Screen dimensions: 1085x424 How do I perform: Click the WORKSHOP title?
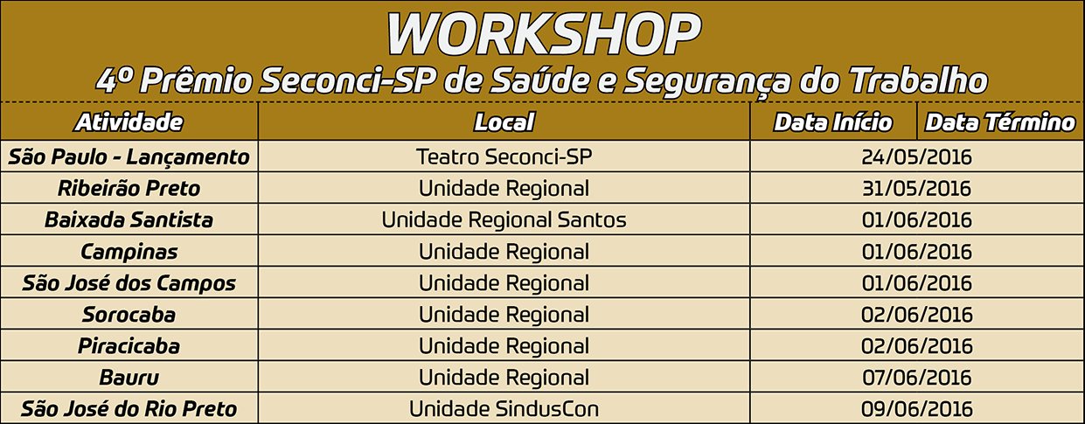pyautogui.click(x=544, y=33)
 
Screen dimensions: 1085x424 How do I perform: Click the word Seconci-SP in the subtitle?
pyautogui.click(x=346, y=80)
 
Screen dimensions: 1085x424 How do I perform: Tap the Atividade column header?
pyautogui.click(x=129, y=122)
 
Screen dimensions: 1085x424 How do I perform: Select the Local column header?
pyautogui.click(x=504, y=122)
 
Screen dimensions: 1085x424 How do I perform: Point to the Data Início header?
pyautogui.click(x=832, y=122)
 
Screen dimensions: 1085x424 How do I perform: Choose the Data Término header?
pyautogui.click(x=999, y=122)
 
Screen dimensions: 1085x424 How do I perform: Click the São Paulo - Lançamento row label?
pyautogui.click(x=129, y=157)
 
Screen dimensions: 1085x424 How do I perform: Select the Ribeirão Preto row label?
pyautogui.click(x=129, y=188)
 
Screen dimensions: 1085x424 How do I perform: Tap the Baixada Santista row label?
pyautogui.click(x=129, y=219)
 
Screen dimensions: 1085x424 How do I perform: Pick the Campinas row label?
pyautogui.click(x=129, y=252)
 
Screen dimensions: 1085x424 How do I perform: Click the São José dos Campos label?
pyautogui.click(x=129, y=283)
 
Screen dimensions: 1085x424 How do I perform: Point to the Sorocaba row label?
pyautogui.click(x=129, y=315)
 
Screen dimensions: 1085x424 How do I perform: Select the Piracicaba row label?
pyautogui.click(x=129, y=346)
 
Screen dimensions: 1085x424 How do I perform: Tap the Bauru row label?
pyautogui.click(x=129, y=378)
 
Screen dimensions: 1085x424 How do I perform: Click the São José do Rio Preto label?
pyautogui.click(x=129, y=409)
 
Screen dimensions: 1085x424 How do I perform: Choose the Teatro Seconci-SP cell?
pyautogui.click(x=504, y=157)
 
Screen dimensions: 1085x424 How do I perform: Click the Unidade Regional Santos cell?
pyautogui.click(x=504, y=219)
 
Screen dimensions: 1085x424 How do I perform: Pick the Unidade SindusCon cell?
pyautogui.click(x=504, y=409)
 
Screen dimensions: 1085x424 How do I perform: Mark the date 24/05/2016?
pyautogui.click(x=916, y=157)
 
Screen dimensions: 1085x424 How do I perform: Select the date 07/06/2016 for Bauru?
pyautogui.click(x=916, y=378)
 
